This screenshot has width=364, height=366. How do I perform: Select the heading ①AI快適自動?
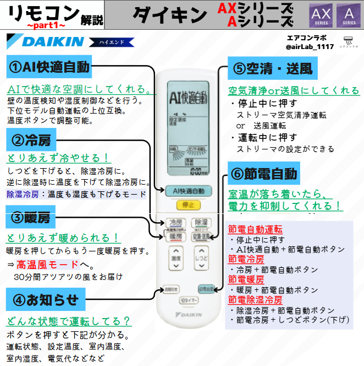(49, 67)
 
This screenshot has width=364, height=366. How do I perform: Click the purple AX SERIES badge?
(320, 15)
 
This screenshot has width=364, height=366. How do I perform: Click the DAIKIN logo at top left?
(46, 42)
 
